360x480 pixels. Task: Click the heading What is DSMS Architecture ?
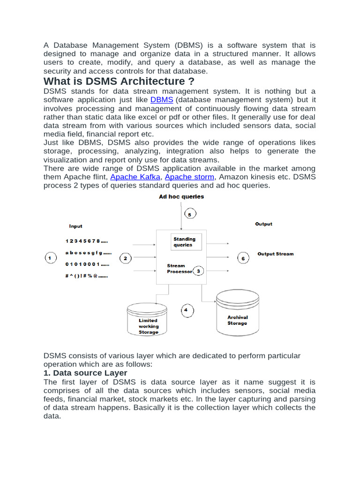point(119,82)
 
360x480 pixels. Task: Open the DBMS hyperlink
point(162,100)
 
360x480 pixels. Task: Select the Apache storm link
point(189,177)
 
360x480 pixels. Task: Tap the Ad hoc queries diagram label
point(181,197)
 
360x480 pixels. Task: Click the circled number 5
point(189,214)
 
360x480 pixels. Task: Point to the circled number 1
point(51,258)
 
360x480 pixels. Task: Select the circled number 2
point(125,258)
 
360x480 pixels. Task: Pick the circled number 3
point(198,271)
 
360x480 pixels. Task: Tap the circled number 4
point(186,310)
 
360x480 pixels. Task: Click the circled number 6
point(242,258)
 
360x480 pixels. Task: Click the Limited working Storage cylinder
point(148,320)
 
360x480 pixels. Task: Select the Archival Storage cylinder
point(237,312)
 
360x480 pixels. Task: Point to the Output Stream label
point(276,254)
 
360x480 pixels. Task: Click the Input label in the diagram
point(76,226)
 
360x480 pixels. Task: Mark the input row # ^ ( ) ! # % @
point(87,277)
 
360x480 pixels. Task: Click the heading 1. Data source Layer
point(85,373)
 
